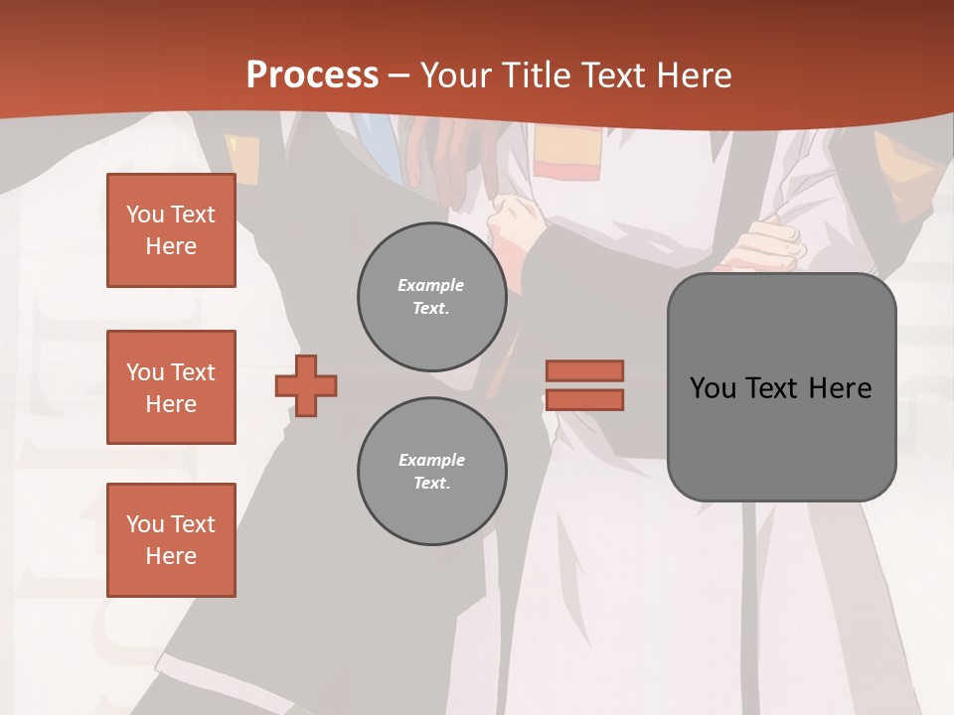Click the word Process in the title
tap(312, 75)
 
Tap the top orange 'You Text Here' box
tap(171, 230)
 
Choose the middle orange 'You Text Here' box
tap(171, 387)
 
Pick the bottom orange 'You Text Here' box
tap(171, 540)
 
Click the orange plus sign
tap(306, 384)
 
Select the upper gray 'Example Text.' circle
tap(431, 297)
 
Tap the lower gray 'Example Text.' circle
tap(431, 472)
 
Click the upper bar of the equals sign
tap(584, 370)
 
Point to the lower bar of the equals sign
tap(584, 399)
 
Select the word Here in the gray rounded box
tap(840, 388)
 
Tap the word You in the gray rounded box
tap(713, 388)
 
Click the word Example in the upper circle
tap(431, 285)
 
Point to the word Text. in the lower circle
tap(431, 484)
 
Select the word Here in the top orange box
tap(171, 246)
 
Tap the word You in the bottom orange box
tap(145, 524)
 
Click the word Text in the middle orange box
tap(193, 372)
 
